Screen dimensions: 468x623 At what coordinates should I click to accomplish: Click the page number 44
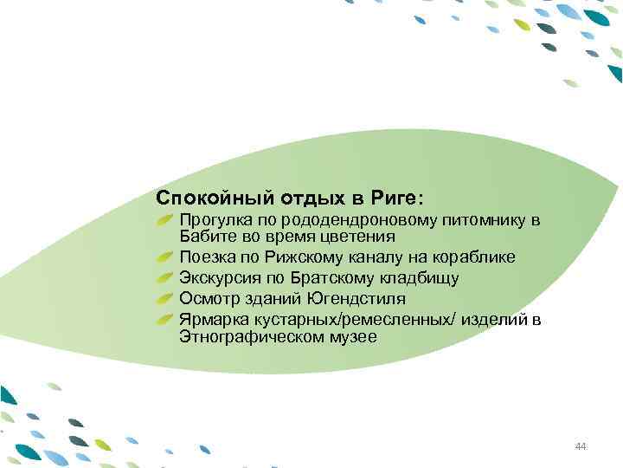point(580,446)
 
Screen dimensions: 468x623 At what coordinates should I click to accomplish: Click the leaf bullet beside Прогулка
point(167,218)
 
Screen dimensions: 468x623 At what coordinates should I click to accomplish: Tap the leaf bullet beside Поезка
point(167,257)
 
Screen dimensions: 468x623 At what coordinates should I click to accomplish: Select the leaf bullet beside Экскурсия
point(167,278)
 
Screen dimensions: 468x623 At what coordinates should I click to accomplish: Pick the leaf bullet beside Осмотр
point(167,300)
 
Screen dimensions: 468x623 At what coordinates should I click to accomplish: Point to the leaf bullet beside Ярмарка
point(167,321)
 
